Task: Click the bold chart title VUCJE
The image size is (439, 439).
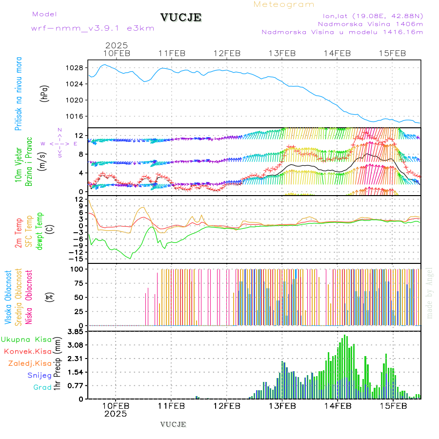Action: coord(181,18)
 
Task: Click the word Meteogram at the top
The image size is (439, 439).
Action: coord(284,4)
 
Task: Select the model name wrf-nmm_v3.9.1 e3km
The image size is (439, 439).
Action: coord(93,28)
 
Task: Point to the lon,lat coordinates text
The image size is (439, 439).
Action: coord(369,16)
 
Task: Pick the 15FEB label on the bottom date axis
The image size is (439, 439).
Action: coord(393,405)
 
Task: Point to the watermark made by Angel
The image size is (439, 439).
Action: coord(429,293)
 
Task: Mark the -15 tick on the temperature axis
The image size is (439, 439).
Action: coord(78,259)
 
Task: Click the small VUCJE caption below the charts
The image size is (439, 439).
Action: coord(173,424)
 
